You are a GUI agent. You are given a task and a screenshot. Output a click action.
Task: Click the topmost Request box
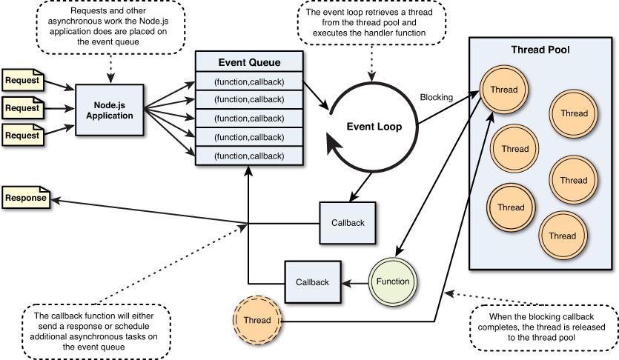pos(23,79)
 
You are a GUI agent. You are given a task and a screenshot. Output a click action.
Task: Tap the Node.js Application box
pos(110,110)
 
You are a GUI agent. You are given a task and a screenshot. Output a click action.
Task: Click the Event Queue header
pos(249,62)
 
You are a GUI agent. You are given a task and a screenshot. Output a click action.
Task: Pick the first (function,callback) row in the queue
pos(249,81)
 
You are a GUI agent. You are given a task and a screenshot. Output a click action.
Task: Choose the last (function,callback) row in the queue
pos(249,156)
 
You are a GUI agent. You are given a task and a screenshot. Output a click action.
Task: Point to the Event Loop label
pos(374,127)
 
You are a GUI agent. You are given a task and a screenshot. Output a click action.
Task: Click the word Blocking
pos(437,97)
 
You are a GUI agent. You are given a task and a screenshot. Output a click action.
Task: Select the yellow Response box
pos(25,198)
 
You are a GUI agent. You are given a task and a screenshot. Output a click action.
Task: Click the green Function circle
pos(393,281)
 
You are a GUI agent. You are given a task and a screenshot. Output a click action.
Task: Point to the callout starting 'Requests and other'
pos(112,27)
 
